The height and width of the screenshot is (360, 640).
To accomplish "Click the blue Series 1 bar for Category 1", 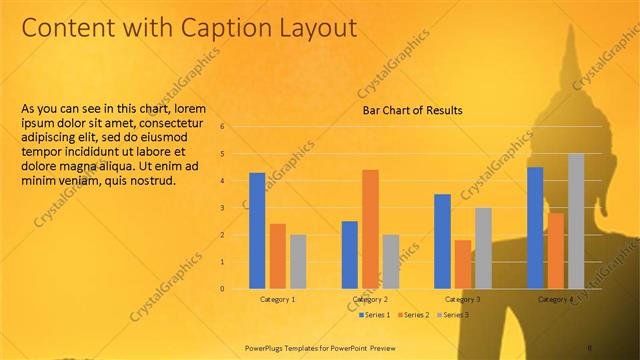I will point(257,230).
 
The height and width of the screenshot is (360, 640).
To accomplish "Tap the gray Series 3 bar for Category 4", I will point(576,221).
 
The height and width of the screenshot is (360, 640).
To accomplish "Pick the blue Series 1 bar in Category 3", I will point(442,241).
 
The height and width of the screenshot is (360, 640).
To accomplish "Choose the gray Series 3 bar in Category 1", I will point(298,261).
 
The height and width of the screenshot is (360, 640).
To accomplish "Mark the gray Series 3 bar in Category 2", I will point(391,261).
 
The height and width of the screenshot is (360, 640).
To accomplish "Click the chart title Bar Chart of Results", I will point(412,111).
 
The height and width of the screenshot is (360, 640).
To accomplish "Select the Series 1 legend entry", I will point(376,315).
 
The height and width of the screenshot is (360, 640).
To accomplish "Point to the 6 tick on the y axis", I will point(223,127).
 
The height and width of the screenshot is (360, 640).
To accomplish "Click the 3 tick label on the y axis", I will point(223,208).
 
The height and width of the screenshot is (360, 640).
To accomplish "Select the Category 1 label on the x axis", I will point(277,299).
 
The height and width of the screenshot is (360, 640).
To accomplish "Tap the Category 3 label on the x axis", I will point(463,299).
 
